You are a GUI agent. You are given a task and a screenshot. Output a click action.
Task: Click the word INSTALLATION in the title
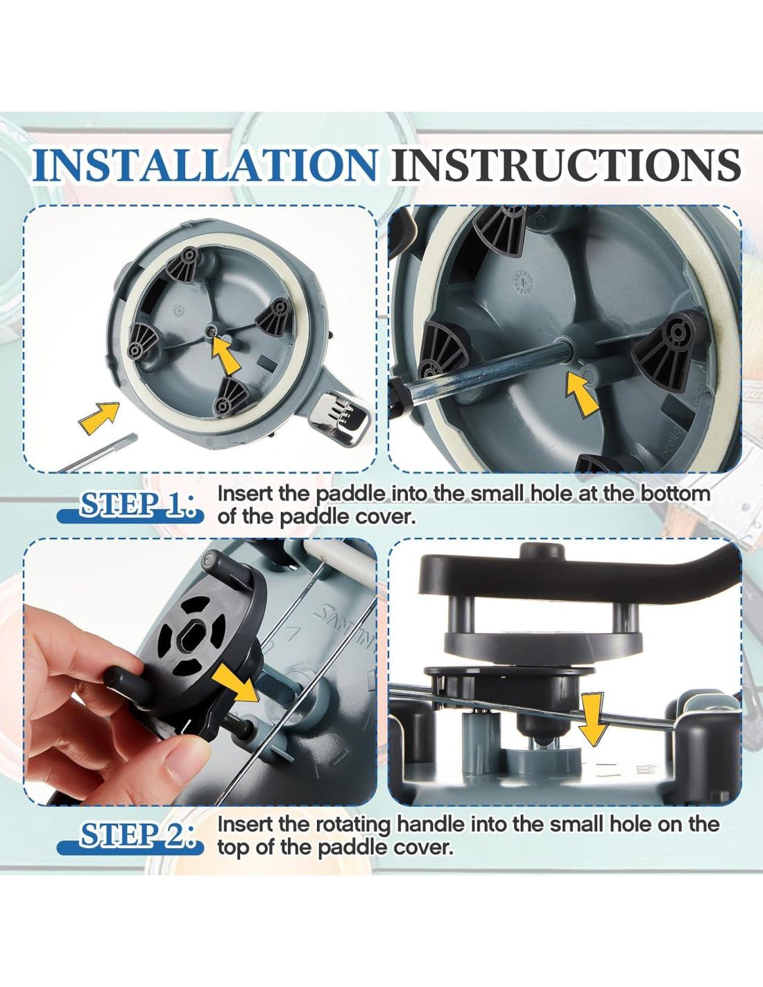[205, 164]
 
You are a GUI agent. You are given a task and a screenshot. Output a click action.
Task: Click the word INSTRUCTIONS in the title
[566, 164]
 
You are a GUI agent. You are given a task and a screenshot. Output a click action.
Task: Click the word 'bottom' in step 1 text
[676, 493]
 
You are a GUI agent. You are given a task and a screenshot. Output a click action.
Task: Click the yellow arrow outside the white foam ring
[99, 419]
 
